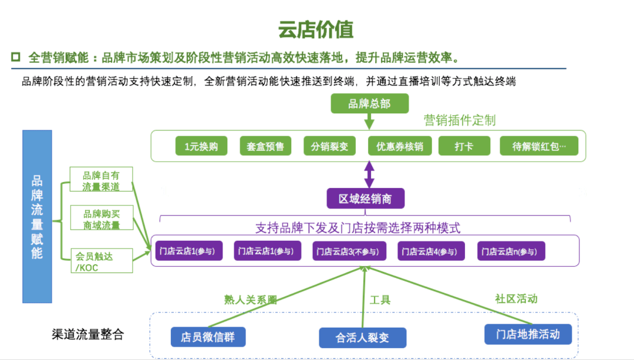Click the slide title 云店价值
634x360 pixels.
(316, 29)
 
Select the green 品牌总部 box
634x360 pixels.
(369, 104)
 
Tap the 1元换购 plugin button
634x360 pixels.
(201, 146)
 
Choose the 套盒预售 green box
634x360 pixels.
(265, 146)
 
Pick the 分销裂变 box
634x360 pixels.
(329, 146)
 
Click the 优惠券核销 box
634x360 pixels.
(399, 146)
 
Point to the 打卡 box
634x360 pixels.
(464, 146)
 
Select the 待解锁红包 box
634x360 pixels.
(539, 146)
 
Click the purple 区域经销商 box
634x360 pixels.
(365, 198)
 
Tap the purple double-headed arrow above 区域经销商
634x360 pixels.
(369, 174)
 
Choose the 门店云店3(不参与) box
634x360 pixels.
(349, 251)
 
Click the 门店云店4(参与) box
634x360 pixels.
(431, 251)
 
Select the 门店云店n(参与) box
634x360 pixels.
(511, 251)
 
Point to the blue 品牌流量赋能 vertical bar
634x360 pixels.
(37, 216)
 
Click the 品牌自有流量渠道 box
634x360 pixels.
(101, 180)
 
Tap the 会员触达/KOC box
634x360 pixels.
(101, 261)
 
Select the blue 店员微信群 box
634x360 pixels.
(208, 337)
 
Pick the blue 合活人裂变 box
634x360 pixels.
(362, 338)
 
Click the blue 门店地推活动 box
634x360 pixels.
(528, 334)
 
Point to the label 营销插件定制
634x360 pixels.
(460, 120)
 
